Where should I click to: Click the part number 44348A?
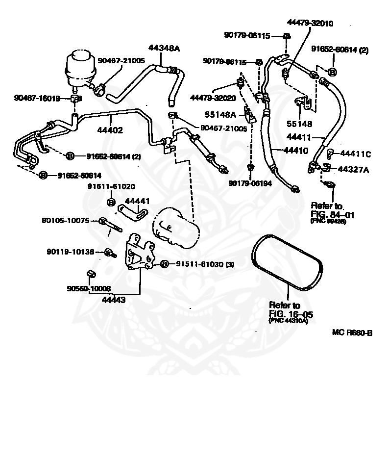[164, 48]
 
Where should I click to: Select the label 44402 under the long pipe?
[110, 130]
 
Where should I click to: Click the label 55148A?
[223, 115]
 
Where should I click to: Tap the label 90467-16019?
[37, 99]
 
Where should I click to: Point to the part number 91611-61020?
[111, 186]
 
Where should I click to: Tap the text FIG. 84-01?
[332, 214]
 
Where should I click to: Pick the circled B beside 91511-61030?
[165, 264]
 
